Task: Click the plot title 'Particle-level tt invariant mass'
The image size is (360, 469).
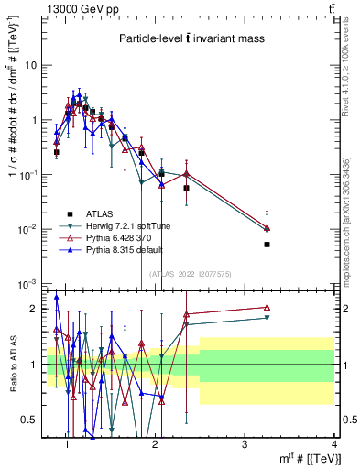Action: [x=191, y=39]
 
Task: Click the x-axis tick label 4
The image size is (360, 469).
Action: [x=334, y=445]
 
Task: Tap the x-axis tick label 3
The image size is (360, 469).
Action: [x=245, y=445]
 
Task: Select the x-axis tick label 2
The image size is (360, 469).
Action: [x=155, y=445]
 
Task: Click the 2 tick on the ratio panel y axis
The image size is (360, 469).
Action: [x=36, y=309]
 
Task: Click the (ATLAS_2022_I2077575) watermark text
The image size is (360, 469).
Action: [x=191, y=273]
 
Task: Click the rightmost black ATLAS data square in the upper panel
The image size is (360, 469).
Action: [x=267, y=245]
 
